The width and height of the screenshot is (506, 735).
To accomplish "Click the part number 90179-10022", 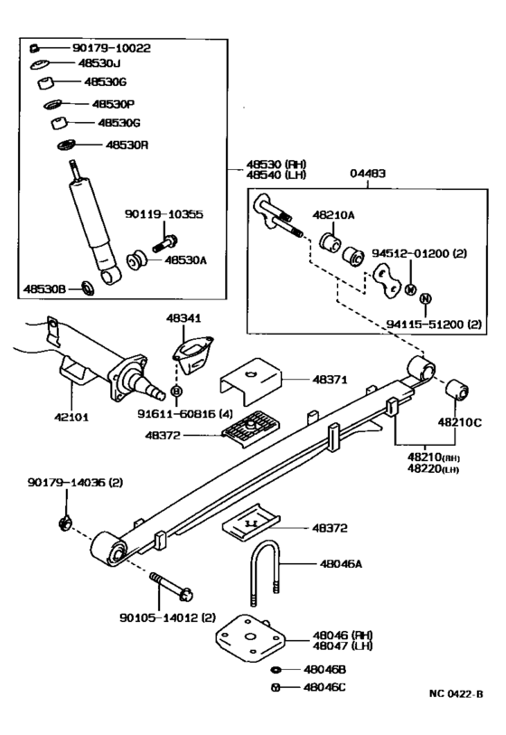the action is (x=111, y=48).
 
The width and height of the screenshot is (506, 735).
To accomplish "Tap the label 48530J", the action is (x=99, y=62).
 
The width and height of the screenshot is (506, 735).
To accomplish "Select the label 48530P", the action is (x=113, y=104).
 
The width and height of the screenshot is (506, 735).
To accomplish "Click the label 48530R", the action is (x=127, y=145).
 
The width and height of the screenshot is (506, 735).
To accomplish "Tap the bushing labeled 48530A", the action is (x=136, y=260).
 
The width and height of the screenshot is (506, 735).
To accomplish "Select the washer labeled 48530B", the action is (x=88, y=288).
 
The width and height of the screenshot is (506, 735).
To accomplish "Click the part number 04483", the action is (x=368, y=174).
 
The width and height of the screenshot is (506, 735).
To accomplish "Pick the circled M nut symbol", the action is (x=410, y=289).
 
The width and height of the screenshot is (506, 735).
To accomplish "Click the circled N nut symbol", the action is (x=425, y=298).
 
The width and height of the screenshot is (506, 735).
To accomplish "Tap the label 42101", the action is (x=71, y=417).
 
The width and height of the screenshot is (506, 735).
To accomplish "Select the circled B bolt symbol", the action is (x=176, y=391).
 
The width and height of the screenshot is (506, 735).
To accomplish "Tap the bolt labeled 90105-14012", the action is (x=172, y=587).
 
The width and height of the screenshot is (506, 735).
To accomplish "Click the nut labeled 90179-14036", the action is (x=65, y=523).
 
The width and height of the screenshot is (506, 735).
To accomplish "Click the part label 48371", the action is (x=330, y=380).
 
